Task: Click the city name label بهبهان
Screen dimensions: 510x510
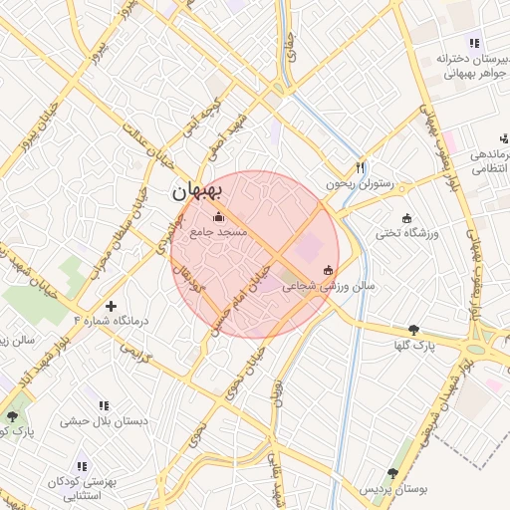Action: coord(199,189)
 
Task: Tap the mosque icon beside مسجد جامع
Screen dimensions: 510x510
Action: coord(219,216)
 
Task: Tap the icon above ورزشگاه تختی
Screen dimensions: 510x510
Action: coord(406,218)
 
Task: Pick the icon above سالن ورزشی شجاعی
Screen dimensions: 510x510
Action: coord(329,270)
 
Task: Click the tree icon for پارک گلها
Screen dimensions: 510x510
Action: coord(413,330)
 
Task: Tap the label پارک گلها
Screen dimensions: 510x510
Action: coord(412,346)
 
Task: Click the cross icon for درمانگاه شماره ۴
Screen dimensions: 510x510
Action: coord(111,305)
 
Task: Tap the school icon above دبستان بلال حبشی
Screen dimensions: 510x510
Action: coord(104,406)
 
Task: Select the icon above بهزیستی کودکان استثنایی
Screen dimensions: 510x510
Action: coord(83,465)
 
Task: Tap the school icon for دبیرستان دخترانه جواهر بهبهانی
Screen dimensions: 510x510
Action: coord(474,44)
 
